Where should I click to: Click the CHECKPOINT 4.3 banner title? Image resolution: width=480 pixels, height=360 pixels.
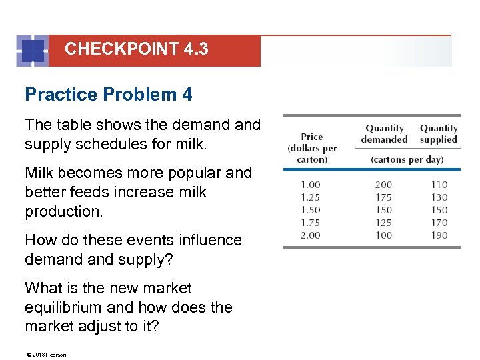tap(136, 49)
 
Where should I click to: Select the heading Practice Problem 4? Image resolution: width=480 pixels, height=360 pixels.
tap(108, 95)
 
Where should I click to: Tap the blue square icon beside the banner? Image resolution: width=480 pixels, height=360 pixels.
tap(33, 51)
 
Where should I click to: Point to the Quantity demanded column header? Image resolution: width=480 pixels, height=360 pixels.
tap(384, 134)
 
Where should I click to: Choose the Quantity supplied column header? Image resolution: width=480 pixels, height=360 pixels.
tap(439, 134)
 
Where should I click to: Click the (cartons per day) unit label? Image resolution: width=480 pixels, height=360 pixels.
tap(407, 160)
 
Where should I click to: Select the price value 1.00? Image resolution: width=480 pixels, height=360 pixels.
tap(310, 185)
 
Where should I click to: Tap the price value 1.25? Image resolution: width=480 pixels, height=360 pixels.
tap(310, 197)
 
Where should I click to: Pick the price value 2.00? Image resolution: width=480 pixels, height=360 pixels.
tap(310, 235)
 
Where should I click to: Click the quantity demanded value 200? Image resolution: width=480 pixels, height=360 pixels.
tap(383, 185)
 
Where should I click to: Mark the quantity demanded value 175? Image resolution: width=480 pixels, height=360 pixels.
tap(383, 197)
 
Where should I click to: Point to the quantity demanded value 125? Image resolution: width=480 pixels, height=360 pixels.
tap(383, 223)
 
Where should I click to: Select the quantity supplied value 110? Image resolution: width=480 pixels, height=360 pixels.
tap(439, 185)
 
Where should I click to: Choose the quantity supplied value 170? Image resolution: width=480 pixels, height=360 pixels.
tap(439, 223)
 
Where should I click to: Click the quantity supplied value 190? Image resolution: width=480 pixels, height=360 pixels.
tap(439, 235)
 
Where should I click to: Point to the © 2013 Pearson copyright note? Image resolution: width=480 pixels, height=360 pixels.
tap(45, 355)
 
